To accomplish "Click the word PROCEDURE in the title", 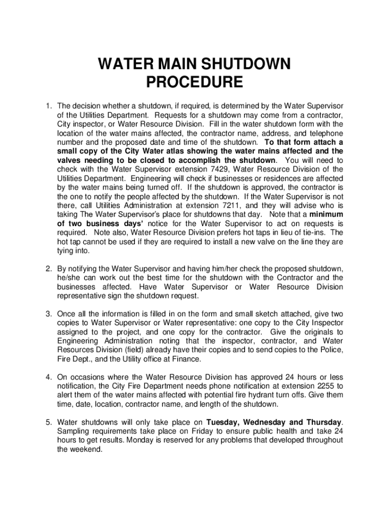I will [x=194, y=82].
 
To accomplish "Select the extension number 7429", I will [x=240, y=169].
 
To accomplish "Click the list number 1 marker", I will [x=48, y=106].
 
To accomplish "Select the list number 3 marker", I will [x=48, y=314].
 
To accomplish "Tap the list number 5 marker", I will [x=48, y=422].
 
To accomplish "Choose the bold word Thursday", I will [x=324, y=422].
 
